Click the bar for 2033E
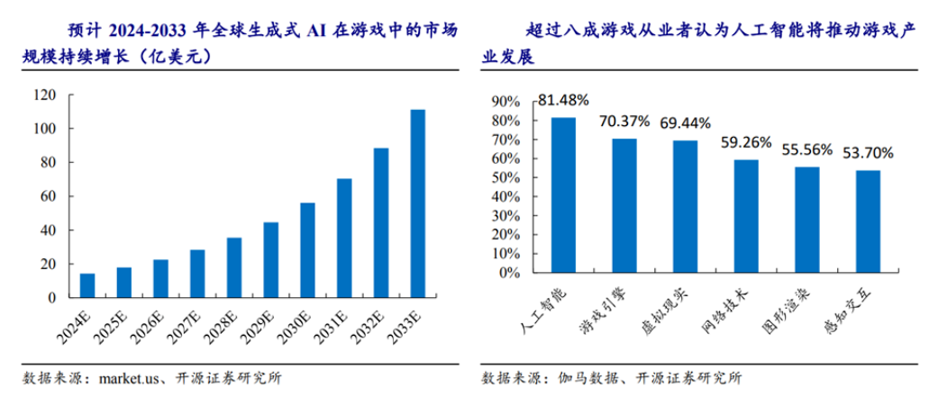418,203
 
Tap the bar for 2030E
308,250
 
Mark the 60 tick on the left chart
48,196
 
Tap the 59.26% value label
746,141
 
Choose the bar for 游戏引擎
624,206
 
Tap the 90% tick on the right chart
504,101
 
